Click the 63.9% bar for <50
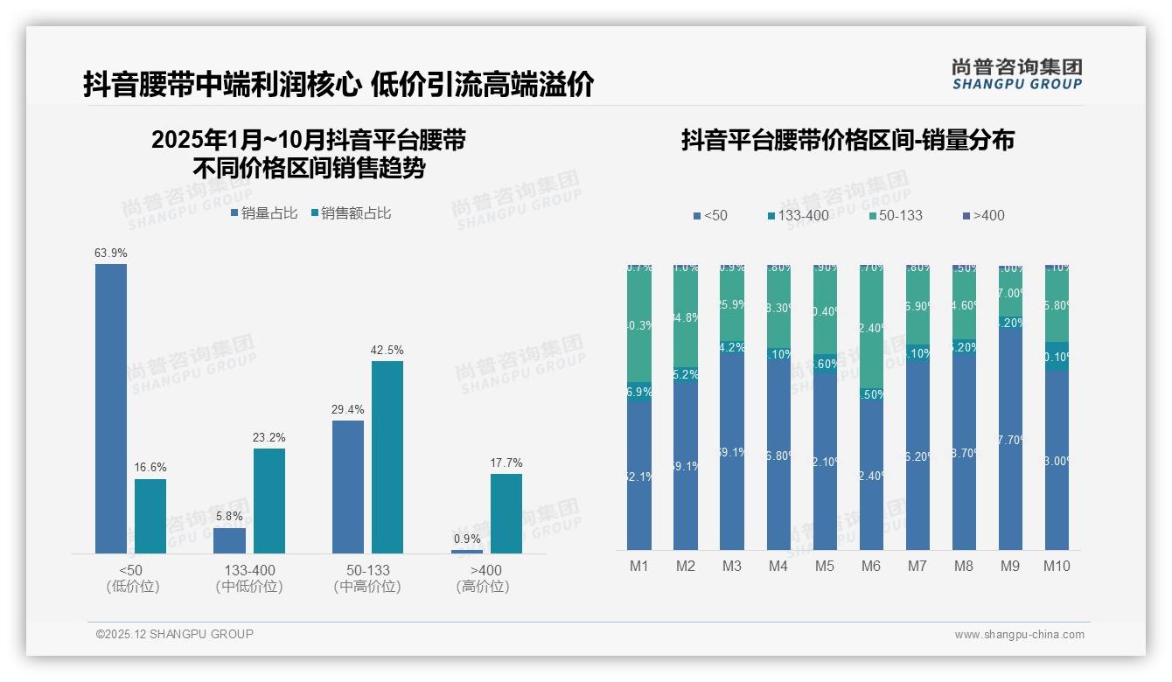click(x=111, y=408)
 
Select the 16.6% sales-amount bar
click(x=150, y=516)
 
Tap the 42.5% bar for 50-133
click(x=387, y=456)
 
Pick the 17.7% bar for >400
click(x=506, y=513)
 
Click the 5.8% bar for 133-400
click(x=229, y=540)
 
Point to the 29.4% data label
click(x=348, y=409)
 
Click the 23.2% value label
click(x=269, y=437)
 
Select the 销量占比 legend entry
click(x=264, y=212)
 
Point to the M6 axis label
click(x=871, y=566)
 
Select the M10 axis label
click(x=1057, y=566)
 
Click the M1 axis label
click(x=639, y=566)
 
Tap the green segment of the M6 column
click(x=871, y=328)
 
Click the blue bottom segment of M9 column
click(x=1010, y=437)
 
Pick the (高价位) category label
click(x=482, y=587)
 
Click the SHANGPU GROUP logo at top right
click(x=1017, y=74)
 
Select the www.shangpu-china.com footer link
click(x=1019, y=635)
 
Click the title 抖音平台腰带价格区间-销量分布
click(x=848, y=141)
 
